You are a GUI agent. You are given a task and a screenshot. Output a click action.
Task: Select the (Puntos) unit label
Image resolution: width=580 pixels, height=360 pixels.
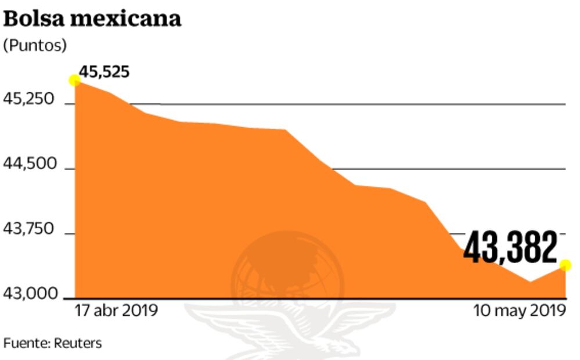pos(35,46)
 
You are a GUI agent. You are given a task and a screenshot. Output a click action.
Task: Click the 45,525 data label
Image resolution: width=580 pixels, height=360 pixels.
pos(105,72)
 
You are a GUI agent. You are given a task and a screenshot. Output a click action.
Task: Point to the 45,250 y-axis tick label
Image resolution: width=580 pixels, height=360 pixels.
pos(28,100)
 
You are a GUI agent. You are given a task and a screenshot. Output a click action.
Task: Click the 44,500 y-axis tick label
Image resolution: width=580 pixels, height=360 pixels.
pos(28,165)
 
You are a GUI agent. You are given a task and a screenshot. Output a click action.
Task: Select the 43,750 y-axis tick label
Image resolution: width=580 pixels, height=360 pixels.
pos(28,230)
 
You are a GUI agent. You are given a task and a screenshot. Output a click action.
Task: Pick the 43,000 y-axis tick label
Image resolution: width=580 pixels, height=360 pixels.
pos(28,294)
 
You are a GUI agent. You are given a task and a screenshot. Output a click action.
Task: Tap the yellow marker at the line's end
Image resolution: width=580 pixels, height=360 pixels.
pos(565,265)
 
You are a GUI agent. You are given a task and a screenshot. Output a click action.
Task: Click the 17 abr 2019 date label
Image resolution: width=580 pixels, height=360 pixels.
pos(116,310)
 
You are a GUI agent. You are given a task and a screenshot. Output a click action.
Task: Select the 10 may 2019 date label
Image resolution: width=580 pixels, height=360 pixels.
pos(519,310)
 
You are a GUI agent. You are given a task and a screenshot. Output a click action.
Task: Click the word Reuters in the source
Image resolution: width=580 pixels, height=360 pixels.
pos(78,343)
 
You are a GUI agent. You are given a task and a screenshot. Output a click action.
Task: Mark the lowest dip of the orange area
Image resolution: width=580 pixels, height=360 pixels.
pos(529,282)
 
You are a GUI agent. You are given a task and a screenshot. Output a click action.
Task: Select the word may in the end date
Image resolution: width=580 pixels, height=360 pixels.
pos(510,310)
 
